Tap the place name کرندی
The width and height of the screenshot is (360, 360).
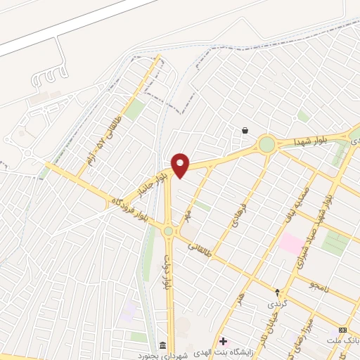(x=276, y=304)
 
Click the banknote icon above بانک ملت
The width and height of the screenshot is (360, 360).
(x=343, y=330)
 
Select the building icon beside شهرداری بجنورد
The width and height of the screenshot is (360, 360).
(x=163, y=345)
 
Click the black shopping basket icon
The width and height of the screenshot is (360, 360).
(x=245, y=130)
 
